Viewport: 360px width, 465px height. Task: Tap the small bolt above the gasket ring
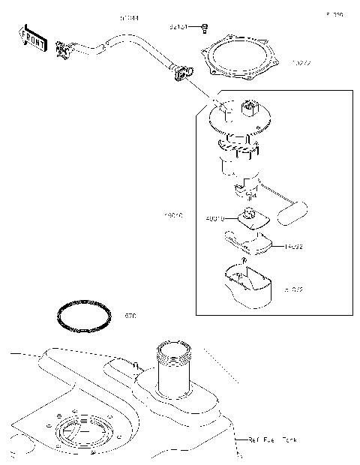(x=204, y=28)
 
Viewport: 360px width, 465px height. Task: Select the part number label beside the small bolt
(x=178, y=28)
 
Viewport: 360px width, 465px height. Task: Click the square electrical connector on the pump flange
(x=248, y=109)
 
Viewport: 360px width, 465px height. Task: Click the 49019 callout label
(x=215, y=220)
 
